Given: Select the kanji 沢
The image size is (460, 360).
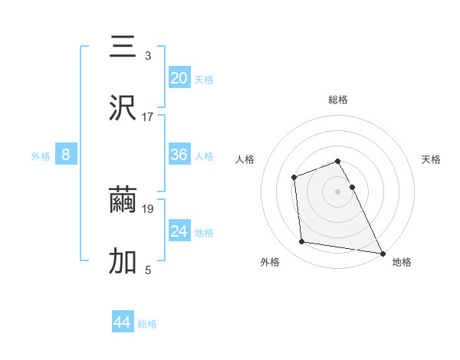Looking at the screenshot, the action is click(123, 109).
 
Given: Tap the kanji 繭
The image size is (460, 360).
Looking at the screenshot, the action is click(123, 201).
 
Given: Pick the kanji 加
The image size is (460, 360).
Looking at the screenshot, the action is click(123, 262).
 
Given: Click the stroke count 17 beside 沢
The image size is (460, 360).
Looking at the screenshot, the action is click(148, 117).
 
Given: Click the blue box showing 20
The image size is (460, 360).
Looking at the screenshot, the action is click(179, 78).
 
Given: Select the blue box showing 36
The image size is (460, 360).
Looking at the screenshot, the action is click(179, 155).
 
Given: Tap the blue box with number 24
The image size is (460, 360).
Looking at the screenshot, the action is click(179, 231).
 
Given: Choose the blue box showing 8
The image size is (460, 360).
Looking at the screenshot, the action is click(66, 155).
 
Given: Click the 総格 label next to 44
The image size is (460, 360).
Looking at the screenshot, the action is click(147, 324).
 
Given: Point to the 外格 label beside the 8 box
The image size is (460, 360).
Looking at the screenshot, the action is click(41, 155).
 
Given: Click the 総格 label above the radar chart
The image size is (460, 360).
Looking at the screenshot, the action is click(338, 100).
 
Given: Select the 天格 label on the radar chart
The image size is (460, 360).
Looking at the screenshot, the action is click(431, 159).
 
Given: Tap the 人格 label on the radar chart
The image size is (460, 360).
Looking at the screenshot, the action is click(245, 159).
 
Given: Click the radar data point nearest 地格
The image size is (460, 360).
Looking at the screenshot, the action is click(382, 253).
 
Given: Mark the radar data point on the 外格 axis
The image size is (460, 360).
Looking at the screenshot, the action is click(302, 242).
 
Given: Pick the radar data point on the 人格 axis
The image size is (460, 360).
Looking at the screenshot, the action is click(294, 178).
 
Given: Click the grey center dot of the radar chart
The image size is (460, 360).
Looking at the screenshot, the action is click(338, 191).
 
